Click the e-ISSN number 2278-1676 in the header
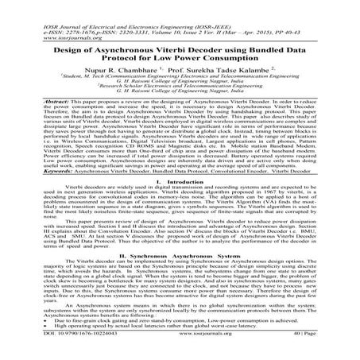[55, 14]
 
